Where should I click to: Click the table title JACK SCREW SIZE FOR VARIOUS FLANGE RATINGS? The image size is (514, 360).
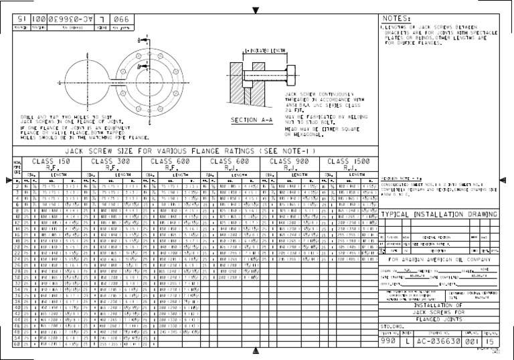pos(194,151)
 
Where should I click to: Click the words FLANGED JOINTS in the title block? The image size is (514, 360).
pos(440,319)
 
